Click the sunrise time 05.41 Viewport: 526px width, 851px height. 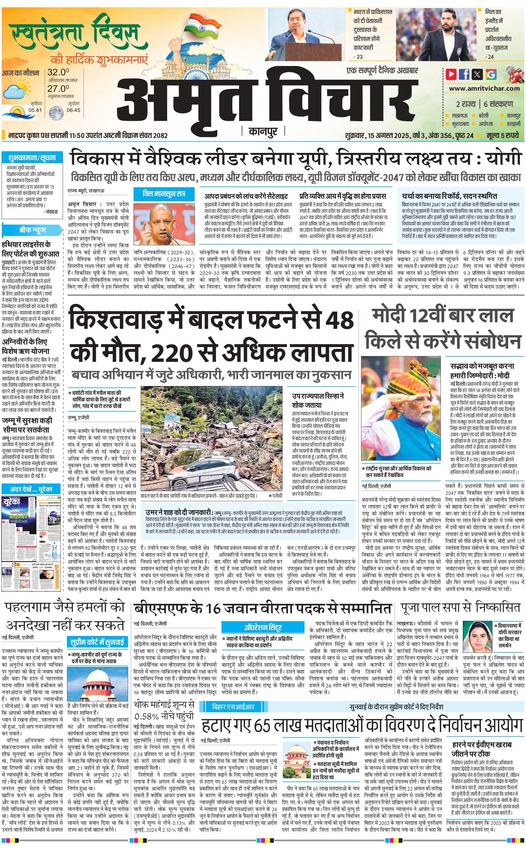coord(35,110)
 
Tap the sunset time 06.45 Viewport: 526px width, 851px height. coord(73,110)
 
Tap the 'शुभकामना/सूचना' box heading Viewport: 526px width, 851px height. coord(32,158)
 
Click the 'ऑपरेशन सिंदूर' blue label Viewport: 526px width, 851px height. coord(263,627)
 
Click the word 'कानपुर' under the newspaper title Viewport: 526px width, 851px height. coord(263,131)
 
